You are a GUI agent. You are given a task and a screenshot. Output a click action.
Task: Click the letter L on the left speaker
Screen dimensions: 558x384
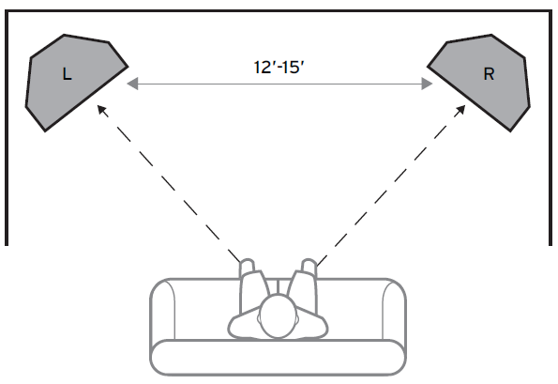coord(67,74)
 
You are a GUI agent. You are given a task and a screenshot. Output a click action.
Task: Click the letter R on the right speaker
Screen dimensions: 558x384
coord(489,74)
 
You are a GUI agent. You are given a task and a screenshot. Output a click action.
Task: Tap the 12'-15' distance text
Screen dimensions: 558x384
coord(279,67)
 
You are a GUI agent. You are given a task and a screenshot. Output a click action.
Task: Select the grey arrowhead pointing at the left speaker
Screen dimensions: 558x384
coord(133,84)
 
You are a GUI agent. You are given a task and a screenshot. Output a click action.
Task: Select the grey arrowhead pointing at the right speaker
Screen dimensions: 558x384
coord(427,84)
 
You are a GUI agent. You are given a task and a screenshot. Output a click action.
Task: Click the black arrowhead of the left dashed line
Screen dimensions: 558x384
coord(102,110)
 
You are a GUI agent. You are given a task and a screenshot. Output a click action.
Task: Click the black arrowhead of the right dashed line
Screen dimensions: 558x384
coord(460,110)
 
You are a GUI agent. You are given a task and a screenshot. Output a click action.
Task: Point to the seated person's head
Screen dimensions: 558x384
coord(278,315)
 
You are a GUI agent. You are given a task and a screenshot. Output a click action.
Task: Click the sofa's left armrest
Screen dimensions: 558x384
coord(162,309)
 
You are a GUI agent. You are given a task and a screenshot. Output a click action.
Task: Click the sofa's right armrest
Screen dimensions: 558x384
coord(394,309)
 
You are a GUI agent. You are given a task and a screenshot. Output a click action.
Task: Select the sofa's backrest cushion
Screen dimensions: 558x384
coord(278,358)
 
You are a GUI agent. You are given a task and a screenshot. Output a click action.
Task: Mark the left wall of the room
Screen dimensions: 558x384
coord(7,129)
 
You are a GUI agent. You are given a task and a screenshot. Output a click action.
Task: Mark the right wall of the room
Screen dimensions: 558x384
coord(550,129)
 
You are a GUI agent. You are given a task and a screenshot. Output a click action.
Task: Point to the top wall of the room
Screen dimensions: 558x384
coord(279,12)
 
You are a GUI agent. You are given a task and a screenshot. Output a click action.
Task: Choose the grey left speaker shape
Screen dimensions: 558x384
coord(75,82)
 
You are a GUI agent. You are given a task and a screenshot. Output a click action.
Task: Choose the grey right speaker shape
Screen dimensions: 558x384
coord(480,82)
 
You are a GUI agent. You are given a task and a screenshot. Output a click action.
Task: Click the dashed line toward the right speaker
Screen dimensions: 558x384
coord(391,186)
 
